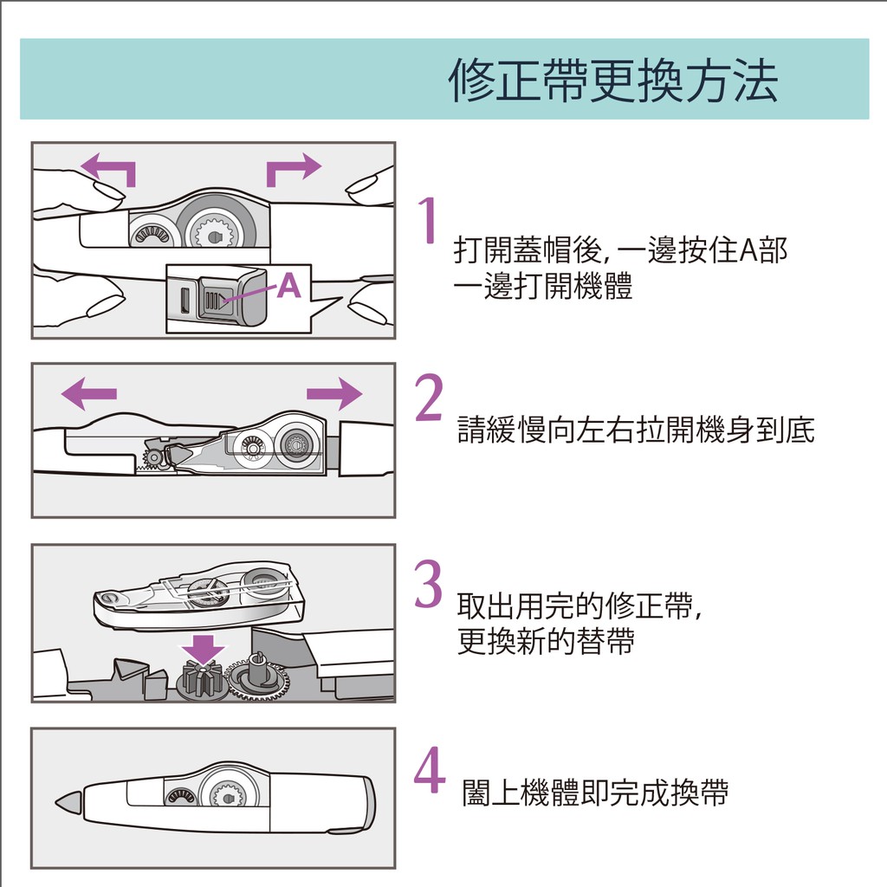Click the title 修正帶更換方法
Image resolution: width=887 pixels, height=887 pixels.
[x=613, y=81]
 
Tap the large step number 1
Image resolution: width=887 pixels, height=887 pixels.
[x=426, y=221]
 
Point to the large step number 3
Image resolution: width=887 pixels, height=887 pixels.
[x=429, y=585]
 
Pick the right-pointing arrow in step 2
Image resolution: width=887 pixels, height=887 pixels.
[x=334, y=394]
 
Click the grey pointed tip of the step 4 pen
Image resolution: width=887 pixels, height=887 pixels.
[x=68, y=800]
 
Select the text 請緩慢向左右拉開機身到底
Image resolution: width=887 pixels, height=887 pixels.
[x=636, y=430]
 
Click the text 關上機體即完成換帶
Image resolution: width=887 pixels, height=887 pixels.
[x=596, y=793]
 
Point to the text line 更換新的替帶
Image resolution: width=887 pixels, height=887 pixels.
[x=546, y=642]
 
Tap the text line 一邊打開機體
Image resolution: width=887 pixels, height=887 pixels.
[x=544, y=287]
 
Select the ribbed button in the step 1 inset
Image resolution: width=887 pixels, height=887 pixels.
[x=213, y=300]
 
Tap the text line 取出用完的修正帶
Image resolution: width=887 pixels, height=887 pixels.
[x=577, y=607]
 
